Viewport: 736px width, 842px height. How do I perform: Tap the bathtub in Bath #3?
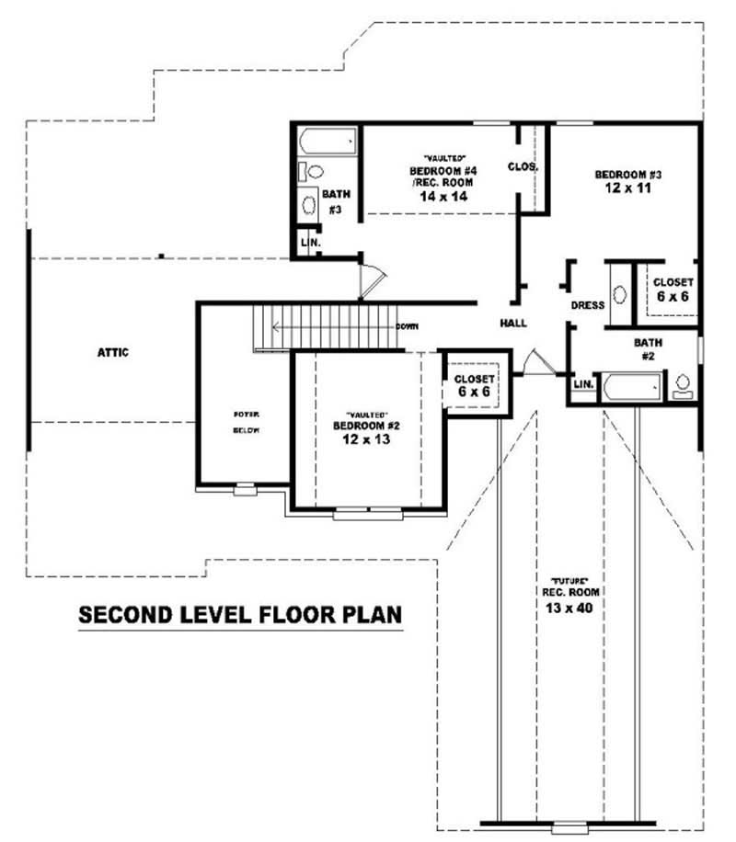coord(327,142)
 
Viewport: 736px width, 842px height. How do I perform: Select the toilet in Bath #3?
coord(311,171)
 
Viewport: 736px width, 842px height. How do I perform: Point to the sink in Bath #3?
coord(309,204)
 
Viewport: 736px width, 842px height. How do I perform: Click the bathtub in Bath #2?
coord(631,387)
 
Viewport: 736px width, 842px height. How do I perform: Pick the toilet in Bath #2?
coord(684,385)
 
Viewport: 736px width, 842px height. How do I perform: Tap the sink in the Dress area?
coord(619,295)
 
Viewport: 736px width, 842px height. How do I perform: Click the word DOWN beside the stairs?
coord(408,327)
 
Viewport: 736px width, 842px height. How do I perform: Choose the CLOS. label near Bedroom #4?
coord(523,167)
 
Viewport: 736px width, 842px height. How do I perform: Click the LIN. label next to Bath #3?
coord(307,243)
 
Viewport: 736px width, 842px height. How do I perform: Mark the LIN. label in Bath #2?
coord(582,384)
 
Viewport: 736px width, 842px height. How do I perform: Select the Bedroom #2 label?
coord(366,427)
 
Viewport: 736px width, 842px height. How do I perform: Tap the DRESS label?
coord(587,305)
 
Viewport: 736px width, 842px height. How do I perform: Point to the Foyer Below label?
coord(246,422)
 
